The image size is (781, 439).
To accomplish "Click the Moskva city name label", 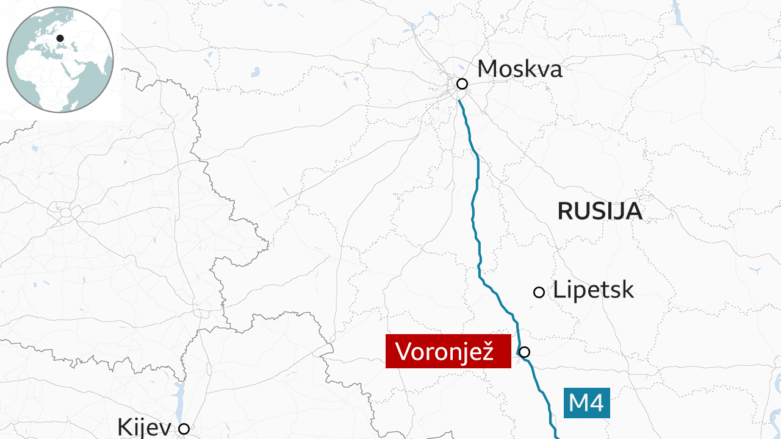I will (x=519, y=69).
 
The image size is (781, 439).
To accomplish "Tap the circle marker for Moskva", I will (x=462, y=84).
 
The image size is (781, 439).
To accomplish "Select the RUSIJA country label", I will (x=599, y=211).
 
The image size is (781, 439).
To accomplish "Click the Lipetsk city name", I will (x=593, y=290).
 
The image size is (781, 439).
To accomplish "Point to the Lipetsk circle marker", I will (x=539, y=292).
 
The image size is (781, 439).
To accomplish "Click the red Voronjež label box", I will (x=448, y=351).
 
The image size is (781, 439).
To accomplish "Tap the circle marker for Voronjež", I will (x=524, y=351).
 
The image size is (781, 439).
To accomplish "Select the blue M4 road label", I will (x=586, y=403).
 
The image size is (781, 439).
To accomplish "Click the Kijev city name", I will (x=144, y=427).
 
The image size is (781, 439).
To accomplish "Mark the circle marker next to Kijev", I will (x=184, y=429).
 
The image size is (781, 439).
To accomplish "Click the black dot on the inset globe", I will (x=60, y=38).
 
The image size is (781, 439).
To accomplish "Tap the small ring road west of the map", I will (x=65, y=213).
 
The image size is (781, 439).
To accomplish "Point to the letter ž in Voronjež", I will (x=486, y=352).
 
